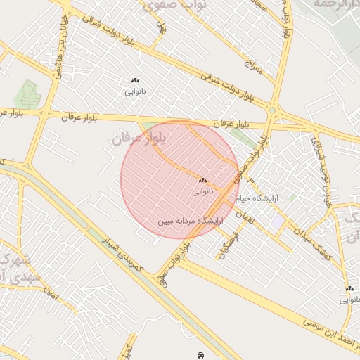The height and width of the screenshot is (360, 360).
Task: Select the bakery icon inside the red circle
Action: coord(202,181)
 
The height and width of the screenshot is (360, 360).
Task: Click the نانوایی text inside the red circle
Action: coord(202,191)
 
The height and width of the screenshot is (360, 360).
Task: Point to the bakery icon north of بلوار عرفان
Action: coord(135,81)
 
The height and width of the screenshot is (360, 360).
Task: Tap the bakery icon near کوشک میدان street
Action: coord(349,288)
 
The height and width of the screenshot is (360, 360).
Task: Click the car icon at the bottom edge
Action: coord(201,355)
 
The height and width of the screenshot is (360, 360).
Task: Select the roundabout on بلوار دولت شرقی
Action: coord(272,110)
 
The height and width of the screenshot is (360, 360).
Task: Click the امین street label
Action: coord(49,289)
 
